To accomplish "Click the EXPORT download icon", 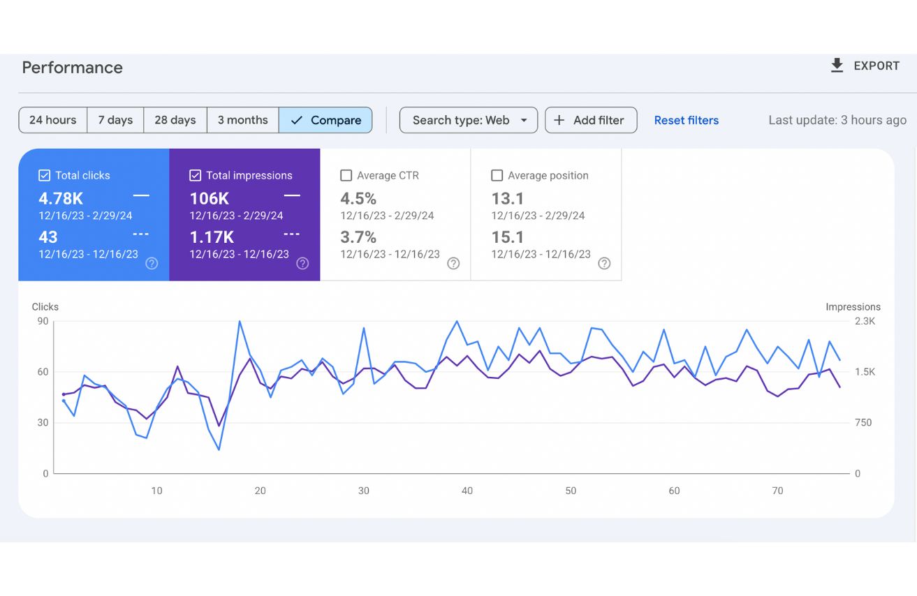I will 837,66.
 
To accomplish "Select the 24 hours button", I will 53,120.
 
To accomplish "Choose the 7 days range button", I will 115,120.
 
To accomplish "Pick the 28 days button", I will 175,120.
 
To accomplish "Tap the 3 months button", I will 242,120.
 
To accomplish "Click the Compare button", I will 325,120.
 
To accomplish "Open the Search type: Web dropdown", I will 468,120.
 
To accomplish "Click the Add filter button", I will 590,120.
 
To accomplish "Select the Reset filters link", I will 686,120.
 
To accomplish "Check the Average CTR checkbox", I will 346,175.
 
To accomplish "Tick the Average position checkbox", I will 497,175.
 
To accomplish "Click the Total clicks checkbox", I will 44,175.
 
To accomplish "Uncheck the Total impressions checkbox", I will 196,175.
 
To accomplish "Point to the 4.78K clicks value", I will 61,198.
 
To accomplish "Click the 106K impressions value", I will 210,198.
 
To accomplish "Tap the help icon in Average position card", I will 604,263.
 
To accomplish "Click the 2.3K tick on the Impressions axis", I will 865,321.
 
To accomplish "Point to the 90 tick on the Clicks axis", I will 43,321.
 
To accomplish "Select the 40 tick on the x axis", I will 467,491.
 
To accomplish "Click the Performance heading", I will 72,68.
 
